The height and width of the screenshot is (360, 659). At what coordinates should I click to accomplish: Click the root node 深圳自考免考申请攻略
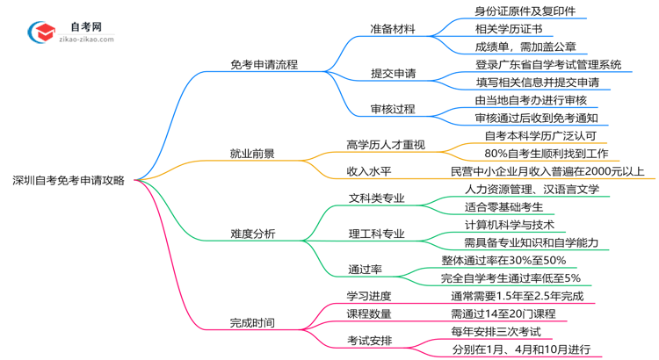pos(68,180)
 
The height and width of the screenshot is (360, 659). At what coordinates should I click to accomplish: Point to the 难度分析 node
pos(252,233)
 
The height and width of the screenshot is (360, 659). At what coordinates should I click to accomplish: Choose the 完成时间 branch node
pos(252,322)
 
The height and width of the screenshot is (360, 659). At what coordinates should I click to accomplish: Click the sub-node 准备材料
pos(393,28)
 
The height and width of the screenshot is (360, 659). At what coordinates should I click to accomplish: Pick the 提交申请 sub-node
pos(393,73)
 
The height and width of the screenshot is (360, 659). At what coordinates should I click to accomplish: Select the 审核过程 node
pos(393,109)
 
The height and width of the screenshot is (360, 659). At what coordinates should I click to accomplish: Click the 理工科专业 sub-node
pos(377,233)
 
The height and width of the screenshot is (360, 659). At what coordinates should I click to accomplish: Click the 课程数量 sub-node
pos(369,313)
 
